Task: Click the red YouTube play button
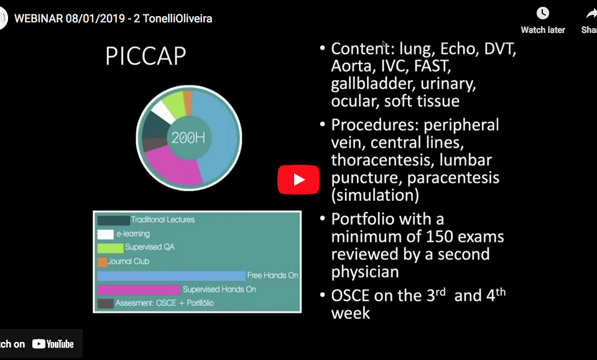[x=298, y=180]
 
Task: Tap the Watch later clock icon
[x=542, y=13]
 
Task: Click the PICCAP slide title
[x=146, y=56]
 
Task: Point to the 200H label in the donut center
[x=188, y=137]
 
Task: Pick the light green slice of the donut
[x=174, y=104]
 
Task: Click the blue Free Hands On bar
[x=172, y=275]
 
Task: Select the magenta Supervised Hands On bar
[x=138, y=290]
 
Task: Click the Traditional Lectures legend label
[x=162, y=219]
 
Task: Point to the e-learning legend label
[x=133, y=234]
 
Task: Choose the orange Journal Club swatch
[x=102, y=262]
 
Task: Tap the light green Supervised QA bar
[x=111, y=248]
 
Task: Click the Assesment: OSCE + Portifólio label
[x=164, y=303]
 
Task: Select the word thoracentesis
[x=382, y=160]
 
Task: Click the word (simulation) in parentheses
[x=375, y=195]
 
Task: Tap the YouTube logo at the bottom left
[x=53, y=344]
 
